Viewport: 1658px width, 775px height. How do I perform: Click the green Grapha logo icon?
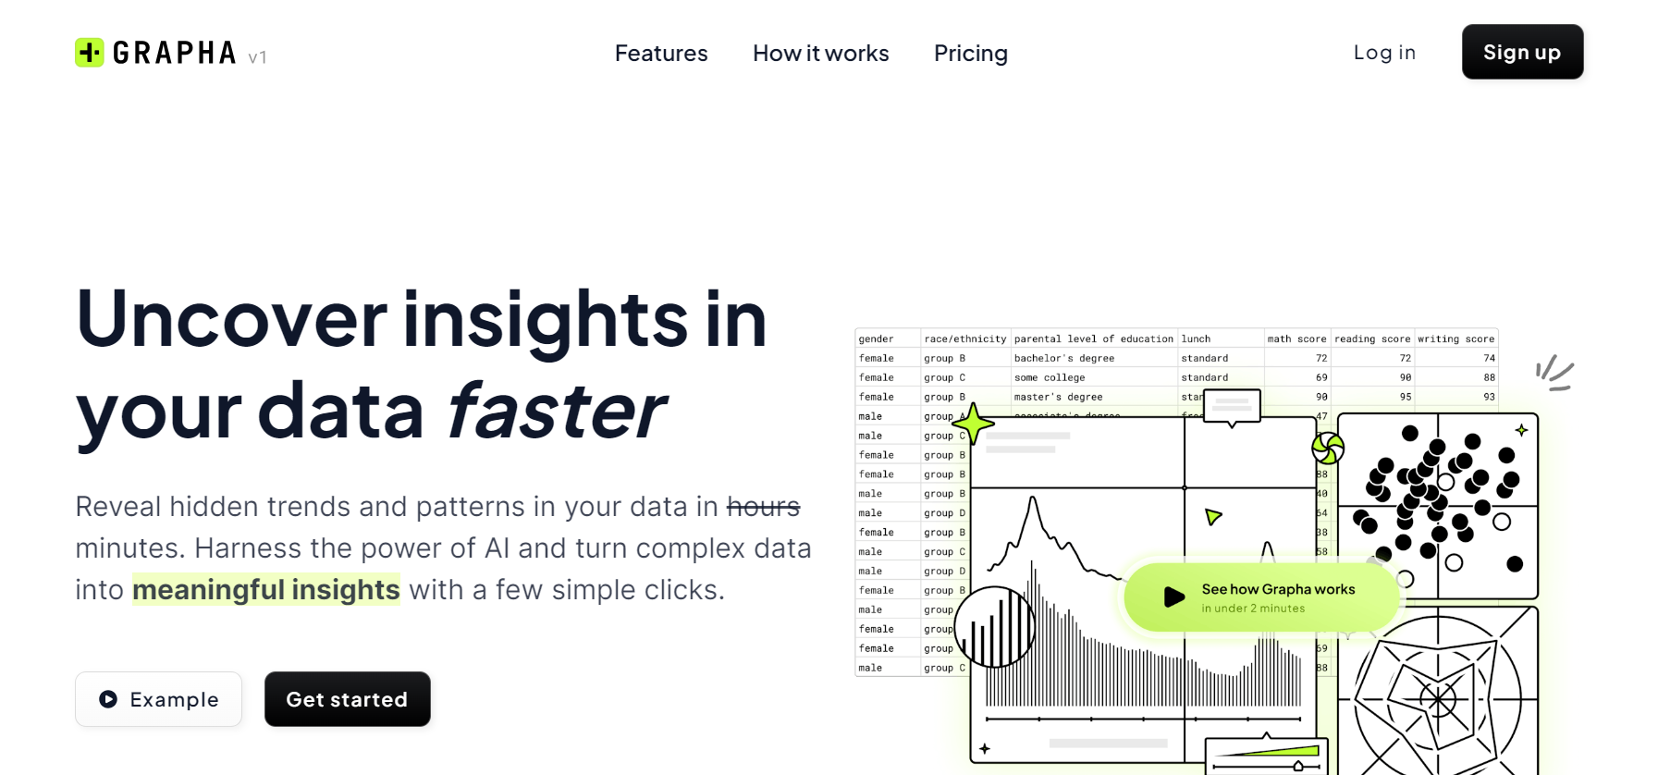90,53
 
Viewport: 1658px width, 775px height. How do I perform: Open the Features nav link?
661,54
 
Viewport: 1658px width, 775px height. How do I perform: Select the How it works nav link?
820,54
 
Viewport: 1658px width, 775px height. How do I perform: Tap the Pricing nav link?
970,54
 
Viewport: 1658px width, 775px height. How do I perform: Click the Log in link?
1384,53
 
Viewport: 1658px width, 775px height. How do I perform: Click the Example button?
158,699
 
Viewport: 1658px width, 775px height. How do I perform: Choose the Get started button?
347,699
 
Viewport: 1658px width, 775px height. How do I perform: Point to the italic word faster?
556,411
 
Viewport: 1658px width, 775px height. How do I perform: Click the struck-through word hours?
763,507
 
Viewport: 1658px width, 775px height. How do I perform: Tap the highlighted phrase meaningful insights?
266,590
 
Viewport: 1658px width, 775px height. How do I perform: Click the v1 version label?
257,57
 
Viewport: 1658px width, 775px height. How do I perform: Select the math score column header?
1296,339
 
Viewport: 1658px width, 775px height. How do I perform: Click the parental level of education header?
1093,339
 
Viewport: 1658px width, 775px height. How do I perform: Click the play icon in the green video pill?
1173,597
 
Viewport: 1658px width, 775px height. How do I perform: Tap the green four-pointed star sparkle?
973,424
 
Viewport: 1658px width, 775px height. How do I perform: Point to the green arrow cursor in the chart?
1212,516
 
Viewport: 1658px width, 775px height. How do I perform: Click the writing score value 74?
1489,359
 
